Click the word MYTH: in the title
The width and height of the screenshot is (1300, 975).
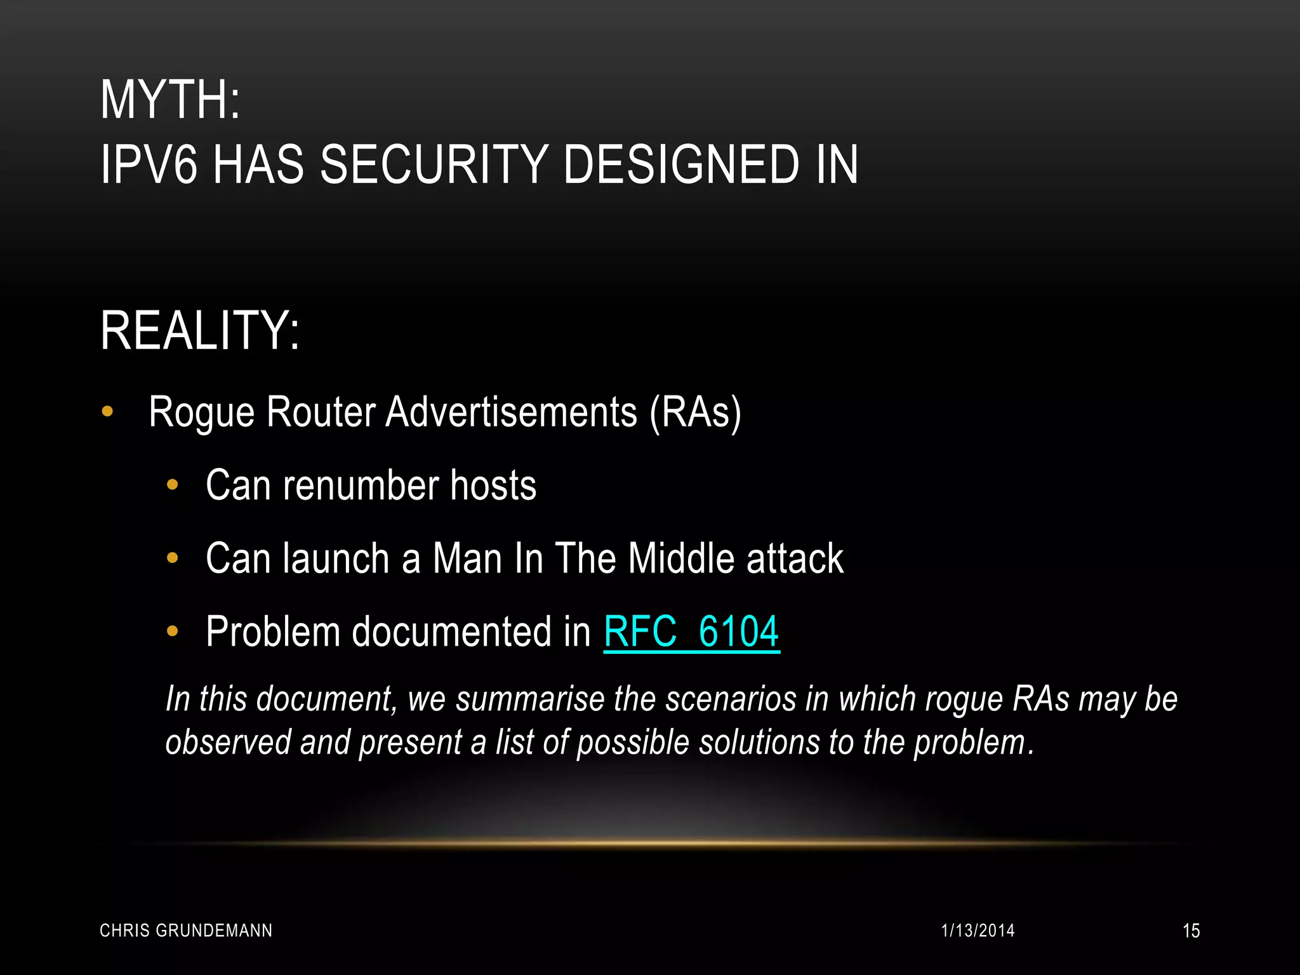tap(170, 100)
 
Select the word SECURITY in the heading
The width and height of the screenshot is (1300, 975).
tap(434, 165)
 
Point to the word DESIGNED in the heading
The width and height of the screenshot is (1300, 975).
tap(680, 165)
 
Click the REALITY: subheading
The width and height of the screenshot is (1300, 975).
tap(200, 331)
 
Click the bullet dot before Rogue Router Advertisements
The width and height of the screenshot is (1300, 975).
tap(107, 411)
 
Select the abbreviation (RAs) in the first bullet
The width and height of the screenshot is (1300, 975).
tap(695, 413)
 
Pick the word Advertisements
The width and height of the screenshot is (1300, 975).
tap(511, 413)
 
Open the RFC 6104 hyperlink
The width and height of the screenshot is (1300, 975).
tap(691, 632)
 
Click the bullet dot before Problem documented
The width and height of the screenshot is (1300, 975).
tap(172, 632)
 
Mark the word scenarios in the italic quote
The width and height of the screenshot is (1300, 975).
tap(731, 700)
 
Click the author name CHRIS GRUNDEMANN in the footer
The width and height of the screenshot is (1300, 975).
tap(186, 931)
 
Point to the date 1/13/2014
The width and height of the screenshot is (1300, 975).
tap(978, 931)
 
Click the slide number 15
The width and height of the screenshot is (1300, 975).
tap(1191, 931)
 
